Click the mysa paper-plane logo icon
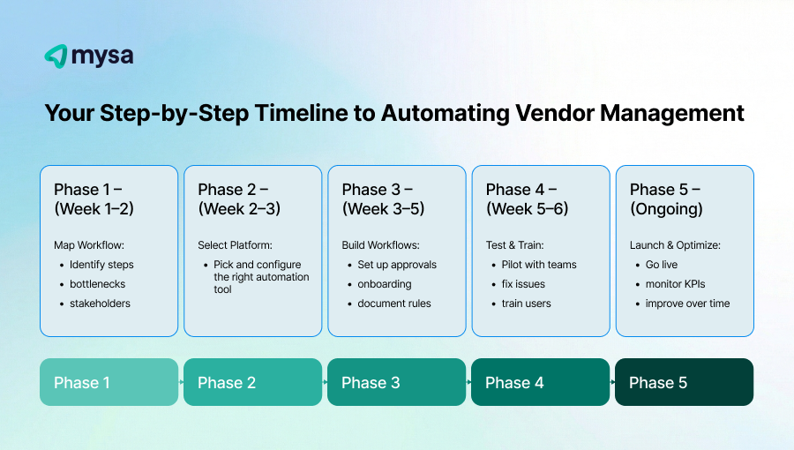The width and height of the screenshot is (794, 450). click(x=56, y=56)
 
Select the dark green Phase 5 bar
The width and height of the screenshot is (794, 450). click(x=684, y=382)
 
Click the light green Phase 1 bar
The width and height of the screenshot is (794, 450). click(x=109, y=382)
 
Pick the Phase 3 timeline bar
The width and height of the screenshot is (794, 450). click(x=396, y=382)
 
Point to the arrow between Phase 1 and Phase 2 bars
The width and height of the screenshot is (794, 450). click(x=181, y=382)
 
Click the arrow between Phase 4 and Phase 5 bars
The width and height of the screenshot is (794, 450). click(x=612, y=382)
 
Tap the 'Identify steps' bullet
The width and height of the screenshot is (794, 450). click(x=101, y=265)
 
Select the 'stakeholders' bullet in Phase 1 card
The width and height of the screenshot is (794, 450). click(x=100, y=304)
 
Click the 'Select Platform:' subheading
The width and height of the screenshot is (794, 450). click(x=235, y=244)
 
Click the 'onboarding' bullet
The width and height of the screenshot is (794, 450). click(x=385, y=284)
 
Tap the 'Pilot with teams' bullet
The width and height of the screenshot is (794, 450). click(x=538, y=265)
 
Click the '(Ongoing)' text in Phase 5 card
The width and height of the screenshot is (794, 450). click(x=666, y=209)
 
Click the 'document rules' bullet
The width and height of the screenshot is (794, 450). click(x=393, y=304)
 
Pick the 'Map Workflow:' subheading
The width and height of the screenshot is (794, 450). click(x=89, y=244)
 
